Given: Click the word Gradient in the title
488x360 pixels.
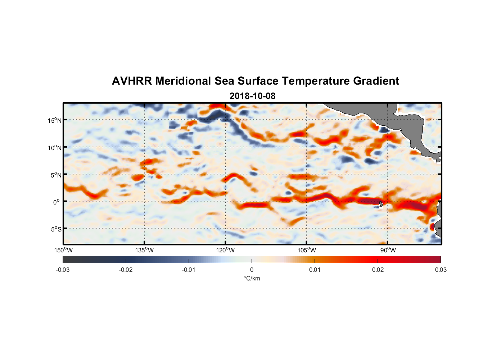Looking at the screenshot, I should (x=376, y=81).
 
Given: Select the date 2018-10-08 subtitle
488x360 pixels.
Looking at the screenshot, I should (x=252, y=96).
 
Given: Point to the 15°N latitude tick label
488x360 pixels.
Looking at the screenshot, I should (x=55, y=120).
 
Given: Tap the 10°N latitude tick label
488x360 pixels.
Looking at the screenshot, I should (x=55, y=148).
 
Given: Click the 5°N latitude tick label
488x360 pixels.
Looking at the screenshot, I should (x=56, y=175).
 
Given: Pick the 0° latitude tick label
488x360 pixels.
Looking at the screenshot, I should (x=57, y=202).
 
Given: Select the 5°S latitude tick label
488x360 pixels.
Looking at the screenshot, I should (x=56, y=229).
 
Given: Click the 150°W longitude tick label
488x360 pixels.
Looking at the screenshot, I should (x=63, y=250).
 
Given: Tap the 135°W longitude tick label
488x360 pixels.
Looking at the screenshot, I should (x=145, y=250).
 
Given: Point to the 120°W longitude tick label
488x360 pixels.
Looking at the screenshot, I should (x=226, y=250).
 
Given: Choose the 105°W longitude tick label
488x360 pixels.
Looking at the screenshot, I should (x=307, y=250).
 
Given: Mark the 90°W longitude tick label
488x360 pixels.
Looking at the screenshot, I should (x=388, y=250).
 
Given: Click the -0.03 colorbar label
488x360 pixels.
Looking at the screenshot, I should (x=63, y=270).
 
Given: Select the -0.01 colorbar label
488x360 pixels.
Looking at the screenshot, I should (x=189, y=270).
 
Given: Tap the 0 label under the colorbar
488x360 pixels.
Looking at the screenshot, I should (x=252, y=270).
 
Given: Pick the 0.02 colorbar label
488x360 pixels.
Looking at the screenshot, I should (x=378, y=270).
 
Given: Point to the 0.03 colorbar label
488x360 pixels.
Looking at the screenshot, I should (x=440, y=270).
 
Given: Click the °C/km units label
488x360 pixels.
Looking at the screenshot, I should (x=252, y=278).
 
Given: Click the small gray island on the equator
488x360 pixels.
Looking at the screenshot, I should (x=381, y=204).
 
